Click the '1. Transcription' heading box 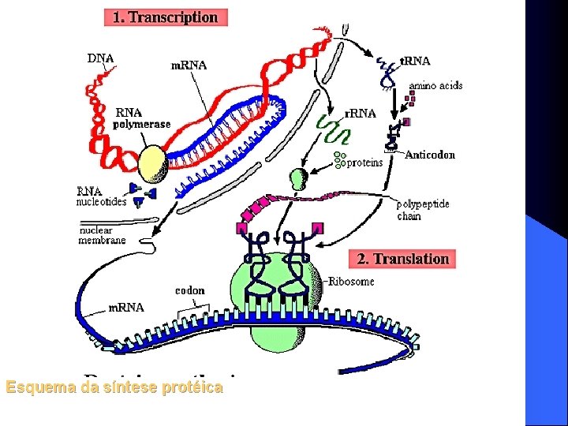click(166, 17)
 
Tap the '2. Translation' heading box click(402, 259)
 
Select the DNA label click(100, 58)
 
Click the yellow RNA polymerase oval click(154, 165)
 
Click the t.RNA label click(415, 61)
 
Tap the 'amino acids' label click(435, 85)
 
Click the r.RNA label click(361, 113)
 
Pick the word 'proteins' click(364, 163)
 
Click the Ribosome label click(351, 282)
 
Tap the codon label click(189, 290)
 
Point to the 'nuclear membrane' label click(102, 235)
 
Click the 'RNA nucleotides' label click(100, 196)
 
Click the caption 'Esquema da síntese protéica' click(114, 387)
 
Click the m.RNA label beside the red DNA click(189, 65)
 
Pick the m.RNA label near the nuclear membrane click(125, 308)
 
